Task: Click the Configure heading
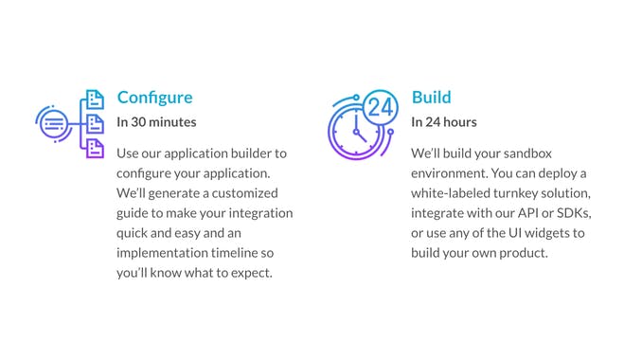154,98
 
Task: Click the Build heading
431,98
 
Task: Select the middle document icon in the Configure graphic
94,123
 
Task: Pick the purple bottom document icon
94,147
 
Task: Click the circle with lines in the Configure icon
53,123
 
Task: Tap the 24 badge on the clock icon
380,107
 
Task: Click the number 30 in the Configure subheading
138,122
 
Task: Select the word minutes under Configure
173,122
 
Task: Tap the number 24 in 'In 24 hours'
433,122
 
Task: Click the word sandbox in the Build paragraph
532,153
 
